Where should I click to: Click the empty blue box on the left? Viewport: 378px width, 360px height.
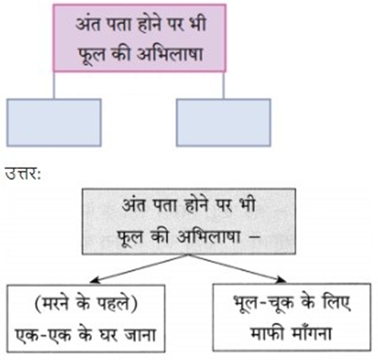click(54, 123)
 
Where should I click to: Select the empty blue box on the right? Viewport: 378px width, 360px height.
click(224, 123)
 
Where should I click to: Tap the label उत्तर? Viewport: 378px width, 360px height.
click(23, 175)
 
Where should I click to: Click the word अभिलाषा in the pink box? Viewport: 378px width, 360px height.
click(170, 54)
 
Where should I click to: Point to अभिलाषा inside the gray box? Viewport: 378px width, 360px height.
click(209, 237)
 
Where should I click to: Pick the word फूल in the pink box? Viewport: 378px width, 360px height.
click(91, 56)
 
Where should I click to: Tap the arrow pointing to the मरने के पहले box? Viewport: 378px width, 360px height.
click(139, 269)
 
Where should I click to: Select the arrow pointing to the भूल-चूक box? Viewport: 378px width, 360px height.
click(237, 269)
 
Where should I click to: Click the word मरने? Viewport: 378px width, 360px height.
click(55, 303)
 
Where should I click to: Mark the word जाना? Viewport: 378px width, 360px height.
click(141, 335)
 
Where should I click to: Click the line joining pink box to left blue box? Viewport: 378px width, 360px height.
click(54, 85)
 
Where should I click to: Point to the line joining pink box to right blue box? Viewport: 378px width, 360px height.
click(224, 85)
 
